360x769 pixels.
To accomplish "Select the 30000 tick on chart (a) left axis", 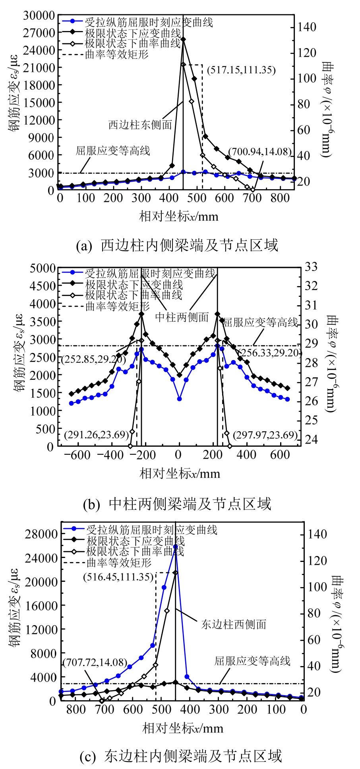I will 39,15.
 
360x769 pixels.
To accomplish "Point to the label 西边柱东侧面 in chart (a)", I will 140,125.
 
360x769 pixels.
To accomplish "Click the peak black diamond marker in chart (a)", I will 183,39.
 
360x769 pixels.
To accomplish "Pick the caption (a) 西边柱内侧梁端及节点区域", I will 177,245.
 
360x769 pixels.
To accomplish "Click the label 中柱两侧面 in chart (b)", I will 182,317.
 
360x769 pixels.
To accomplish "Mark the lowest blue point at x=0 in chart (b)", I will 179,399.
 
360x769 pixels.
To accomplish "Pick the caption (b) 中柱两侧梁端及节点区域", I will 177,504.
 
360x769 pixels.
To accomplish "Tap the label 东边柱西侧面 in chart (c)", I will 234,624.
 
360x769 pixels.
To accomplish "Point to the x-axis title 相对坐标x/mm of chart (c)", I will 183,728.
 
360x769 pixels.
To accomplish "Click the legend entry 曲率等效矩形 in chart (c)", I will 119,563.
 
